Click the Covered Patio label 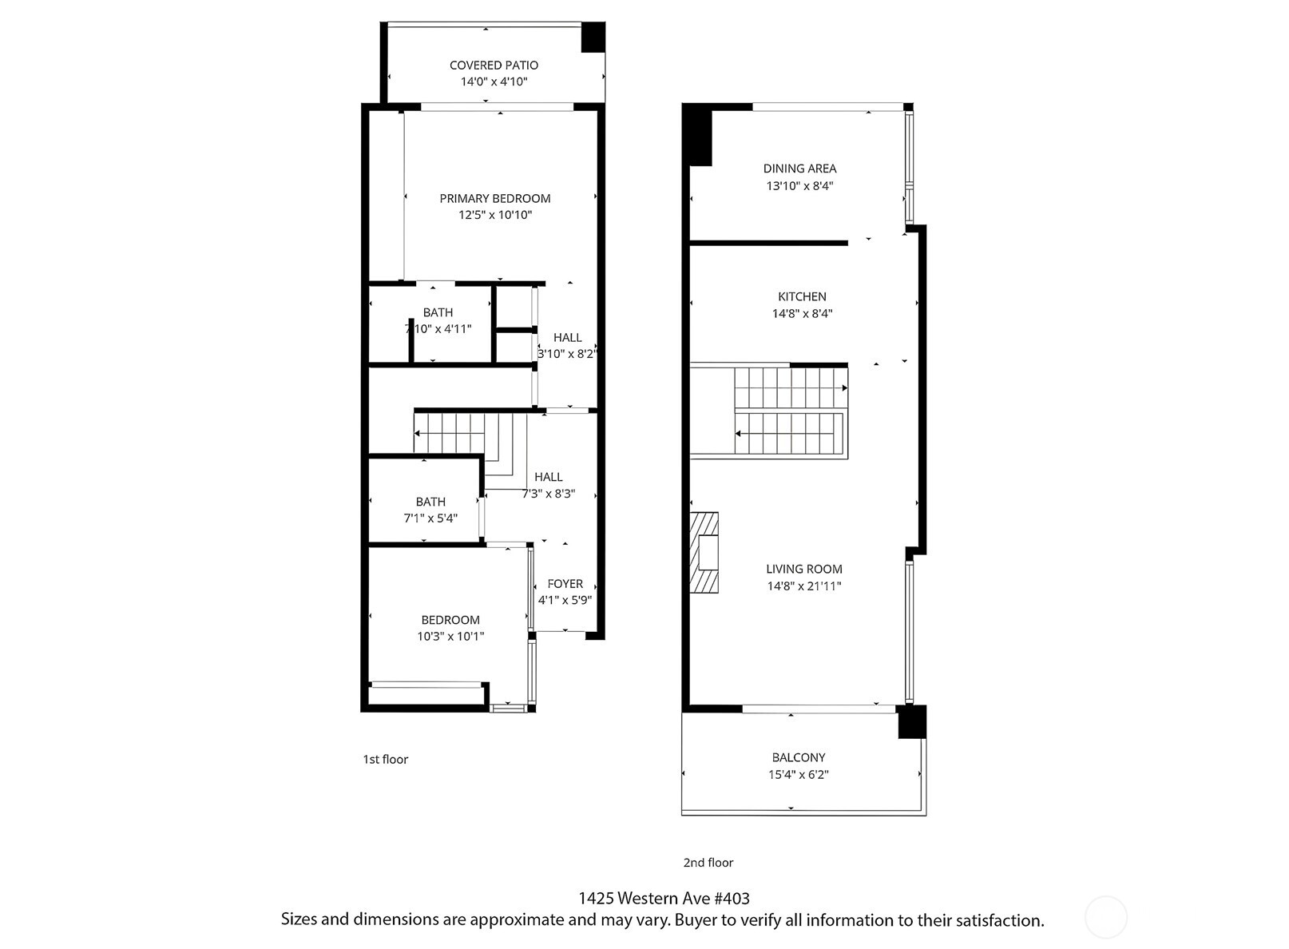[494, 66]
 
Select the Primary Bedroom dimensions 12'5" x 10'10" [494, 215]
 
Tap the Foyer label [565, 584]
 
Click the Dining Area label [799, 169]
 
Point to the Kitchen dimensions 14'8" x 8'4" [802, 314]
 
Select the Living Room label [803, 570]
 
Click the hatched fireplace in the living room [704, 553]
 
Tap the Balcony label [798, 757]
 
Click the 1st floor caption [385, 760]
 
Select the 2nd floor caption [708, 863]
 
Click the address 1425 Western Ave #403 [664, 899]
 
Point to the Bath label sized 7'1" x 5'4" [430, 502]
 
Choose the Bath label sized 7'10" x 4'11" [438, 312]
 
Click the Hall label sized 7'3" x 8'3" [548, 477]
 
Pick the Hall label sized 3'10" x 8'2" [567, 338]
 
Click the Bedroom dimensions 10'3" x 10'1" [450, 637]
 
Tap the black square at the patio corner [593, 37]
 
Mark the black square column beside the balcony [912, 722]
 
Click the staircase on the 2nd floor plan [790, 411]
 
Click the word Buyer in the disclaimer [696, 920]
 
